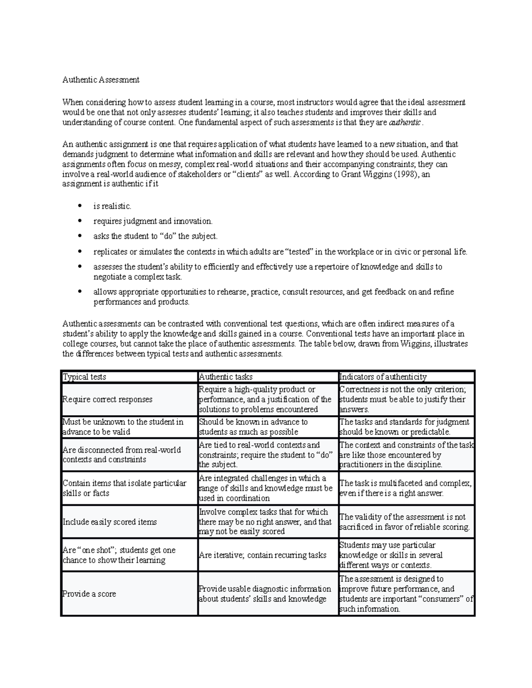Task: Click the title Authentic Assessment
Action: tap(101, 80)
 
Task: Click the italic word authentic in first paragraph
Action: tap(404, 123)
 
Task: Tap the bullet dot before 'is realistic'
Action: tap(80, 206)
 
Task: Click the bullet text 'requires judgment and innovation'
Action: tap(153, 221)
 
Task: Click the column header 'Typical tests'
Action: tap(85, 377)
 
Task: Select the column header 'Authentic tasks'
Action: tap(226, 377)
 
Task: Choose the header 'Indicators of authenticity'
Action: tap(383, 377)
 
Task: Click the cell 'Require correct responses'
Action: tap(107, 400)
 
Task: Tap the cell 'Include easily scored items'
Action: tap(110, 522)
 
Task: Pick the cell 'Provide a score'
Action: tap(89, 594)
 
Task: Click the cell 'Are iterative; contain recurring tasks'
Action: tap(262, 555)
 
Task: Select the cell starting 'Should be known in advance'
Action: tap(253, 427)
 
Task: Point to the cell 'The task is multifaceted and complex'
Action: tap(405, 488)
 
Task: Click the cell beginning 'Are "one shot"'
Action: tap(119, 555)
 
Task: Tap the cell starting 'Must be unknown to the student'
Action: tap(123, 427)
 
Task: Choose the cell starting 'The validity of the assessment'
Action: tap(404, 522)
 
